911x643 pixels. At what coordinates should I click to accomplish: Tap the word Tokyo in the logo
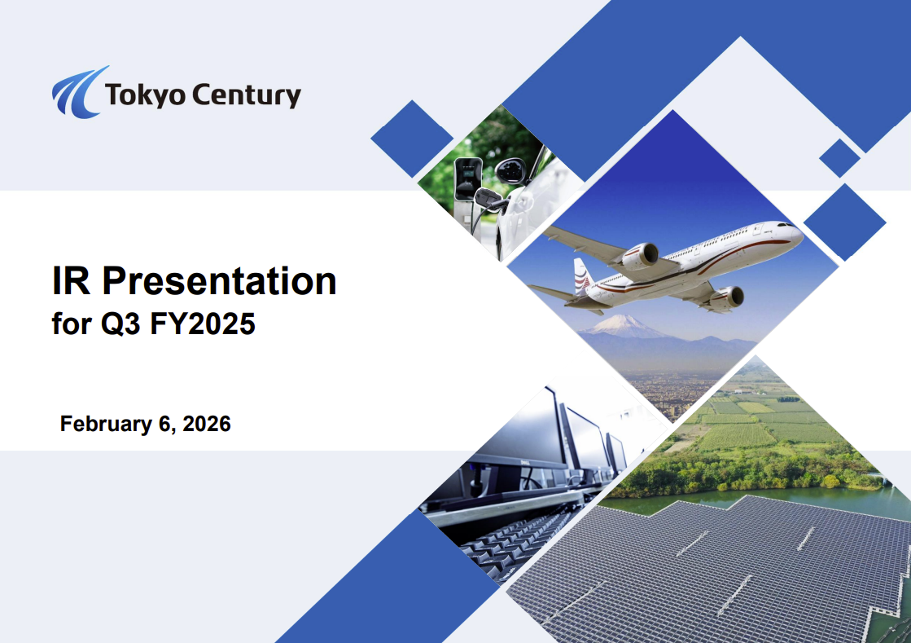point(145,95)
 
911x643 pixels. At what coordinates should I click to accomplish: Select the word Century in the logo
point(247,95)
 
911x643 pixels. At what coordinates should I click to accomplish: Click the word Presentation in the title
point(219,281)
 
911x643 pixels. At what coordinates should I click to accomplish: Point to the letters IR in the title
point(71,281)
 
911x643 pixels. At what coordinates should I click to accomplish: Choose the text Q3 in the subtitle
point(120,324)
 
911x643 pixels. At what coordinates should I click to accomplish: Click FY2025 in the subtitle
point(202,324)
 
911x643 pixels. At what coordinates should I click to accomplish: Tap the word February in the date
point(107,425)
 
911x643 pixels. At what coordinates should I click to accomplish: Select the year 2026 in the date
point(207,424)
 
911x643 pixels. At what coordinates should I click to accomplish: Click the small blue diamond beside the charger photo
point(412,139)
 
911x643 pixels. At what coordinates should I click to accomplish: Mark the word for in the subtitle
point(72,324)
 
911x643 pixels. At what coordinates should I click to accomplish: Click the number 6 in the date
point(165,424)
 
